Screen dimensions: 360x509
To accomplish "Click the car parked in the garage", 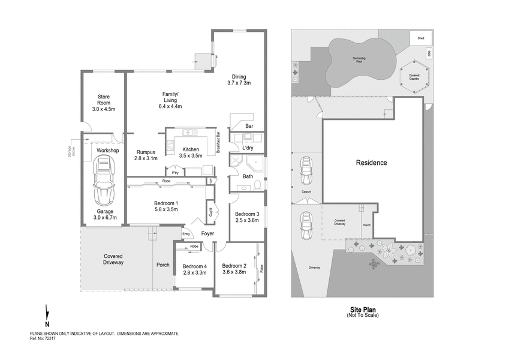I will click(x=103, y=180).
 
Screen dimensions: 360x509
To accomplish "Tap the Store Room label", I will click(x=103, y=103).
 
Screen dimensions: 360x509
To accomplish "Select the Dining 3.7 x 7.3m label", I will click(x=239, y=80).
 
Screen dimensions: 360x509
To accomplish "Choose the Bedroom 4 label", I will click(x=194, y=269).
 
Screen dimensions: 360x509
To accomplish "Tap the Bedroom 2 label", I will click(x=234, y=269).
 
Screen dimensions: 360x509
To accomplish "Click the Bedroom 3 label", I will click(x=246, y=217).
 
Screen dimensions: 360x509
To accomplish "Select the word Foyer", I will click(x=208, y=234).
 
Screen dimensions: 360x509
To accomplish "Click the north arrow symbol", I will click(x=47, y=316).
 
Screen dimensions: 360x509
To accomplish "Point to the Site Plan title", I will click(x=362, y=310).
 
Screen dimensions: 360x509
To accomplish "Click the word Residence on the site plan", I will click(x=372, y=163).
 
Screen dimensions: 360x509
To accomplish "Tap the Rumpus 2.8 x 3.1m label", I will click(x=147, y=155).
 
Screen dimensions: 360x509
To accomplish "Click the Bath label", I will click(x=248, y=176).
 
